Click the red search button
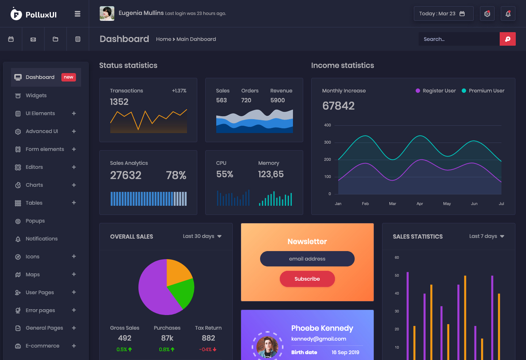(x=507, y=39)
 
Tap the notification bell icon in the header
(x=508, y=14)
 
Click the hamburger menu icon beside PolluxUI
(x=77, y=14)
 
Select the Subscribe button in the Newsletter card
(x=307, y=279)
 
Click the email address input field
(x=307, y=259)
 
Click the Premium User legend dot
(x=464, y=91)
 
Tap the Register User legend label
(x=439, y=91)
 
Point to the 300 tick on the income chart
(x=327, y=142)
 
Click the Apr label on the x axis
(x=420, y=204)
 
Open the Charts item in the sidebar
(x=34, y=185)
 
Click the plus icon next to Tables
(x=74, y=202)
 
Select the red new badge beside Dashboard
(x=69, y=77)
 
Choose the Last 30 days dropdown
(x=202, y=236)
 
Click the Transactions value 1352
(x=119, y=102)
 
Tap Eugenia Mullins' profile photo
(x=107, y=14)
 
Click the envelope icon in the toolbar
(x=33, y=39)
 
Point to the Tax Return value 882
(x=208, y=338)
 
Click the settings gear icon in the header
(x=487, y=14)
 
